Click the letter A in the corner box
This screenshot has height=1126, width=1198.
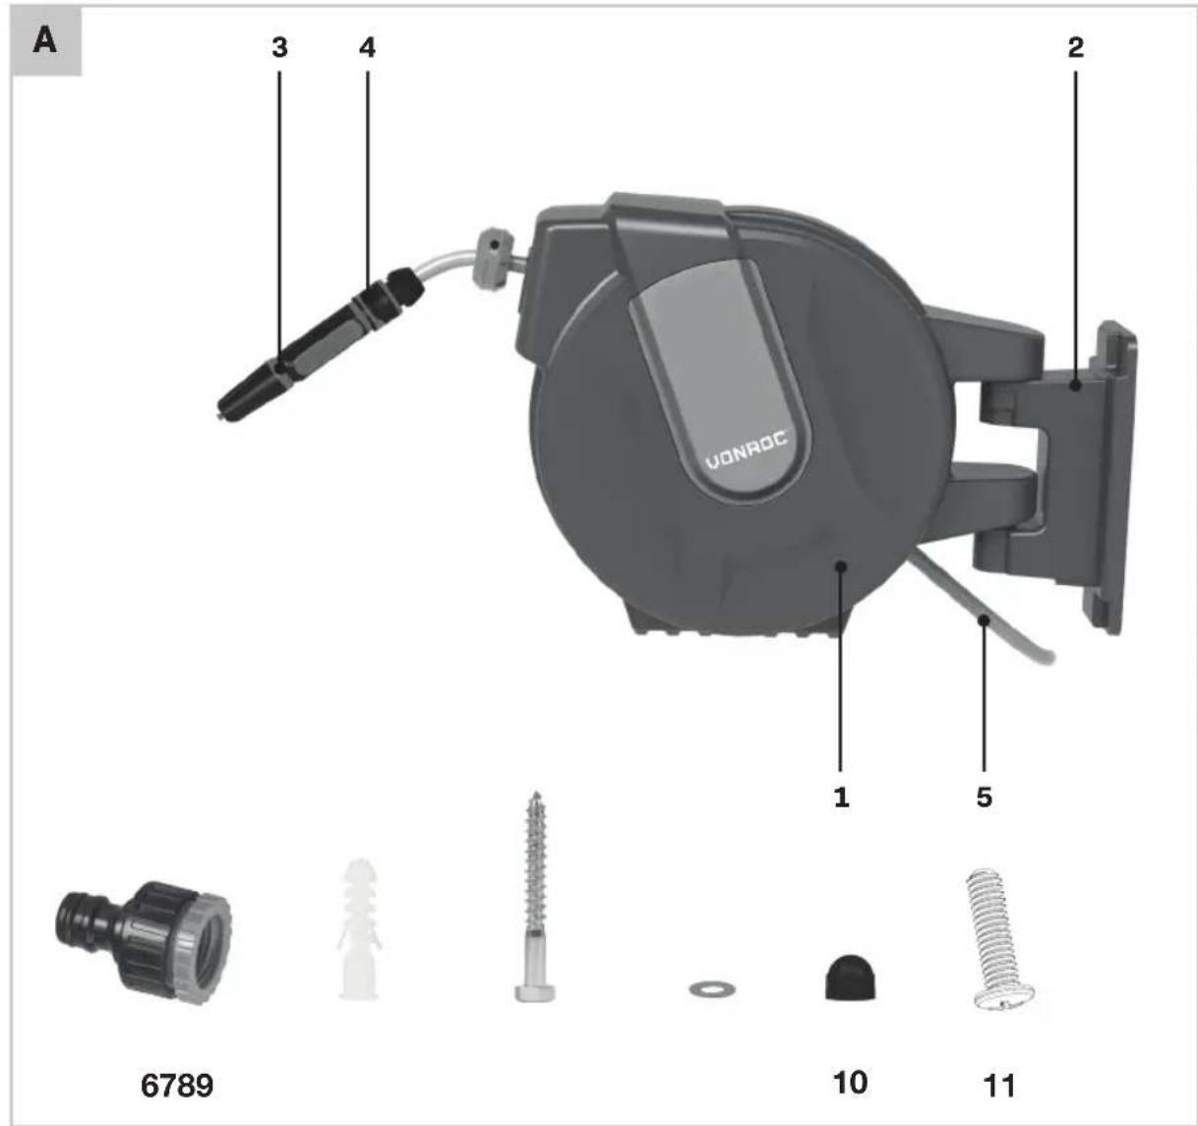tap(45, 41)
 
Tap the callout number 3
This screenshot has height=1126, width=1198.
tap(279, 48)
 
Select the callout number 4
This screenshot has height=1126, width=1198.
tap(367, 48)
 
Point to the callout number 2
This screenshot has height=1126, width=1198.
tap(1076, 48)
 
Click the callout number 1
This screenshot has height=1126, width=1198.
tap(842, 798)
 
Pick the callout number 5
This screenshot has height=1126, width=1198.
tap(984, 798)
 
